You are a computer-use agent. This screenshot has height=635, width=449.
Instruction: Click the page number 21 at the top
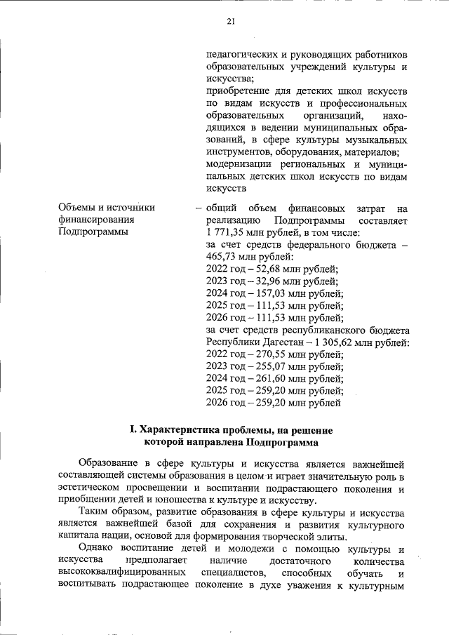(x=230, y=20)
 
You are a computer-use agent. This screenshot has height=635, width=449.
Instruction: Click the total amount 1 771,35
(x=229, y=232)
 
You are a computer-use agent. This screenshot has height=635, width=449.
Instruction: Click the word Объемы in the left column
(x=77, y=208)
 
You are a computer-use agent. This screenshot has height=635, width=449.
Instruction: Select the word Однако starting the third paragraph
(x=98, y=549)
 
